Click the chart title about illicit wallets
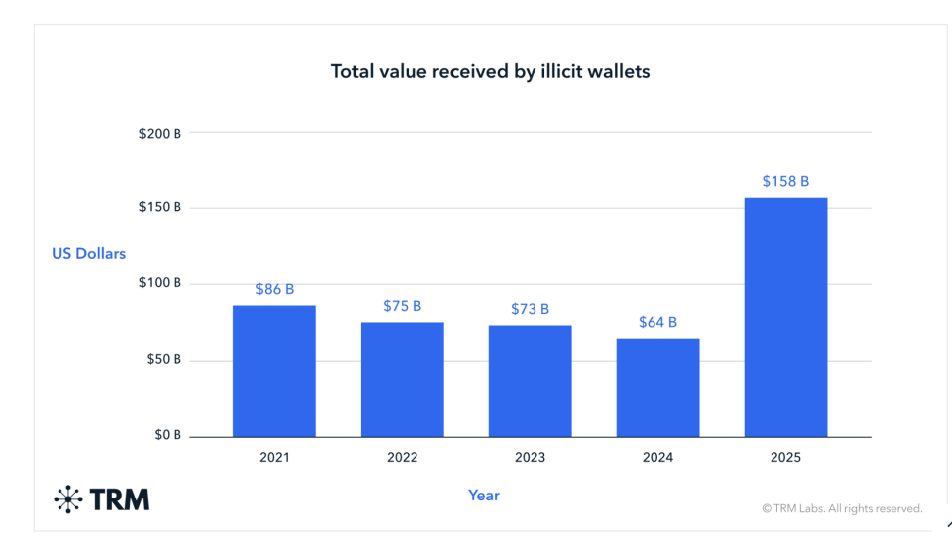point(490,71)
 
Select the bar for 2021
point(275,371)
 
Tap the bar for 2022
point(402,380)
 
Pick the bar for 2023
point(530,381)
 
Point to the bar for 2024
point(657,387)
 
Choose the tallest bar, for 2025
point(785,317)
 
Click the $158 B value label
point(785,181)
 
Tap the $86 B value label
point(275,289)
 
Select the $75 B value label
point(402,306)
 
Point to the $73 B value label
point(530,309)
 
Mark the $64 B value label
point(657,322)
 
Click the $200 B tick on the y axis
point(160,132)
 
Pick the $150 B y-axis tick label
point(160,208)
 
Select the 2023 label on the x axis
point(530,458)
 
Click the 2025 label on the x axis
point(785,458)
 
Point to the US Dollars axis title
point(89,254)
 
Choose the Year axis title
point(484,495)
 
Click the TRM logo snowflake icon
point(68,499)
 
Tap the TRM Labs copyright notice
point(842,508)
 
